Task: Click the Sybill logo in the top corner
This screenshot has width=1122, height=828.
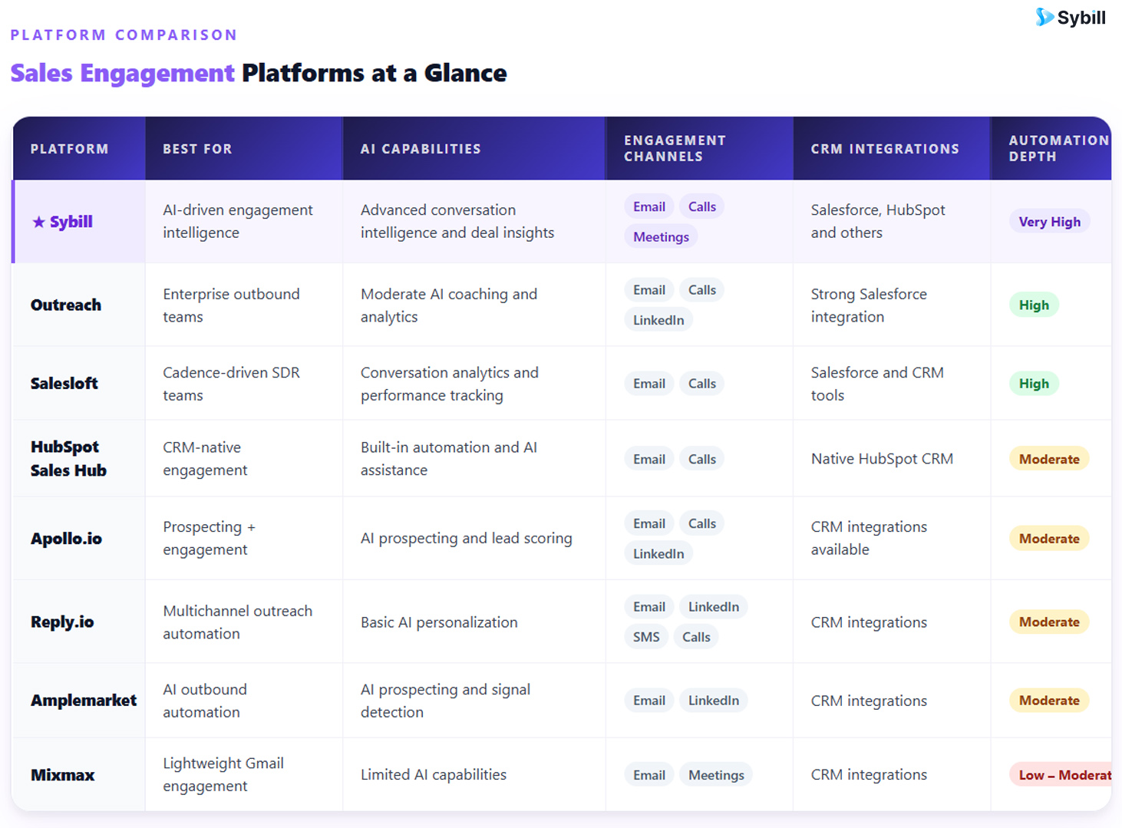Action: [x=1070, y=17]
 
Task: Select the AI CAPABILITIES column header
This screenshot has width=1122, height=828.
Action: [x=421, y=149]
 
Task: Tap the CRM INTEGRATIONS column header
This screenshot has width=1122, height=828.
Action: [x=885, y=149]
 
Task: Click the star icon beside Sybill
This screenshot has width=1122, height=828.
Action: [x=38, y=222]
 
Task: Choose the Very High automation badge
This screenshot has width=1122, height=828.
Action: [x=1049, y=222]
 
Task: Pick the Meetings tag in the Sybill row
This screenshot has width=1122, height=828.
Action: [x=661, y=236]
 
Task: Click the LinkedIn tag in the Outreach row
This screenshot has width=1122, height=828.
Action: [x=658, y=320]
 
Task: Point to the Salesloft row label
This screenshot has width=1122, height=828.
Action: [x=64, y=383]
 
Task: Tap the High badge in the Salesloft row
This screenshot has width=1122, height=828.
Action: [x=1034, y=384]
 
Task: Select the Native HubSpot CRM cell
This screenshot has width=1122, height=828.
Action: [x=882, y=458]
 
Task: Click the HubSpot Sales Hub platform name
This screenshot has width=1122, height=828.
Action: [x=68, y=458]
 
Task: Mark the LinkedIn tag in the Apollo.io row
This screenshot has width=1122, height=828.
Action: [x=658, y=553]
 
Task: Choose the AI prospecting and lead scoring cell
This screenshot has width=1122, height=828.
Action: [x=466, y=538]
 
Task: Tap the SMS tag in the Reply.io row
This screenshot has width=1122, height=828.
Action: [x=646, y=636]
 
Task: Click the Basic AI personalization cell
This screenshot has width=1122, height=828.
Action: [x=438, y=622]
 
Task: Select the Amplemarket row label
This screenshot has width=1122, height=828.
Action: [x=84, y=700]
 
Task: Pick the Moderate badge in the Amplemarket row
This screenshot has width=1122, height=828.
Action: [x=1048, y=700]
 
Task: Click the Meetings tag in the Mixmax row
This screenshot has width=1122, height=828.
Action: [x=716, y=774]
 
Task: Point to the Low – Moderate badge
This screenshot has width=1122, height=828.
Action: [x=1061, y=774]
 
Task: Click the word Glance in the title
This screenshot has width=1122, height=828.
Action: [x=465, y=73]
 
